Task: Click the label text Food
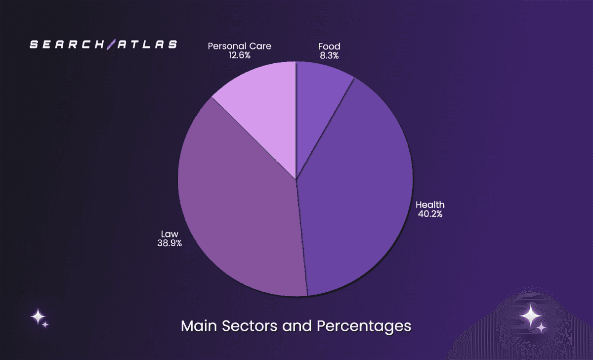[329, 46]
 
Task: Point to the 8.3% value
[329, 56]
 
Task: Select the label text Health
[430, 205]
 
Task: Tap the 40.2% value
[430, 214]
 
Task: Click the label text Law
[169, 233]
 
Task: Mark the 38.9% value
[169, 243]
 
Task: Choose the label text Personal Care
[239, 46]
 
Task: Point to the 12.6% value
[239, 55]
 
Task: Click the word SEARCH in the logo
[67, 45]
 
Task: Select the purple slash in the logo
[111, 45]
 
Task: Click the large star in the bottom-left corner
[38, 316]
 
